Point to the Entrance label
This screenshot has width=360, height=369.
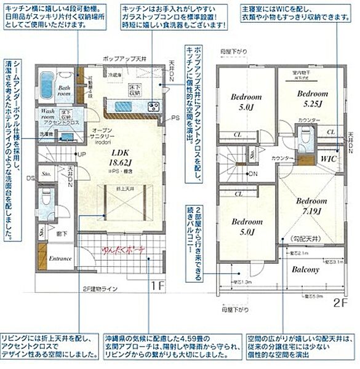click(x=61, y=258)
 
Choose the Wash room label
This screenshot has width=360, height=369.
click(x=51, y=113)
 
